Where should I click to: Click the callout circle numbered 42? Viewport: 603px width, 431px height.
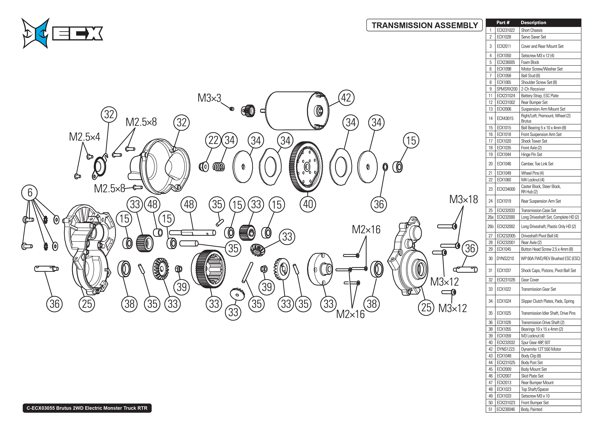click(x=346, y=98)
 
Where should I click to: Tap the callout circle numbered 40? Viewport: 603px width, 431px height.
click(x=308, y=204)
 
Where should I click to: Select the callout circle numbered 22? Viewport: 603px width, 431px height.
click(x=213, y=140)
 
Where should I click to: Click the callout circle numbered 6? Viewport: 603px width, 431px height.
click(x=30, y=192)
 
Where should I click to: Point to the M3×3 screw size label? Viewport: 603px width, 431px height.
click(x=209, y=98)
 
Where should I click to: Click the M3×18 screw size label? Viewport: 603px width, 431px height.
click(x=463, y=199)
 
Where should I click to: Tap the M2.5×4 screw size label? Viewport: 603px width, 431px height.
click(x=84, y=137)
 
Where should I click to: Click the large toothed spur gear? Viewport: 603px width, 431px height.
click(x=306, y=167)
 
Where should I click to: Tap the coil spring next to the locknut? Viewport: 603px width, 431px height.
click(x=219, y=167)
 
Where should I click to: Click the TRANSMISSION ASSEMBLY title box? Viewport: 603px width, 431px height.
click(x=424, y=25)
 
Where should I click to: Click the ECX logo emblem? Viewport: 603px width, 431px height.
click(x=36, y=33)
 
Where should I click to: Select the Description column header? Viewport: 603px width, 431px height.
click(x=533, y=23)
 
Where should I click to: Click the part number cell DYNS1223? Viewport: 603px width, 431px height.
click(x=505, y=349)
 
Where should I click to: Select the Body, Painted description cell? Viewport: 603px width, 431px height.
click(x=531, y=409)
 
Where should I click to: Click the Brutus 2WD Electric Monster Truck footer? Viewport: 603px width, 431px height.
click(x=87, y=408)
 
